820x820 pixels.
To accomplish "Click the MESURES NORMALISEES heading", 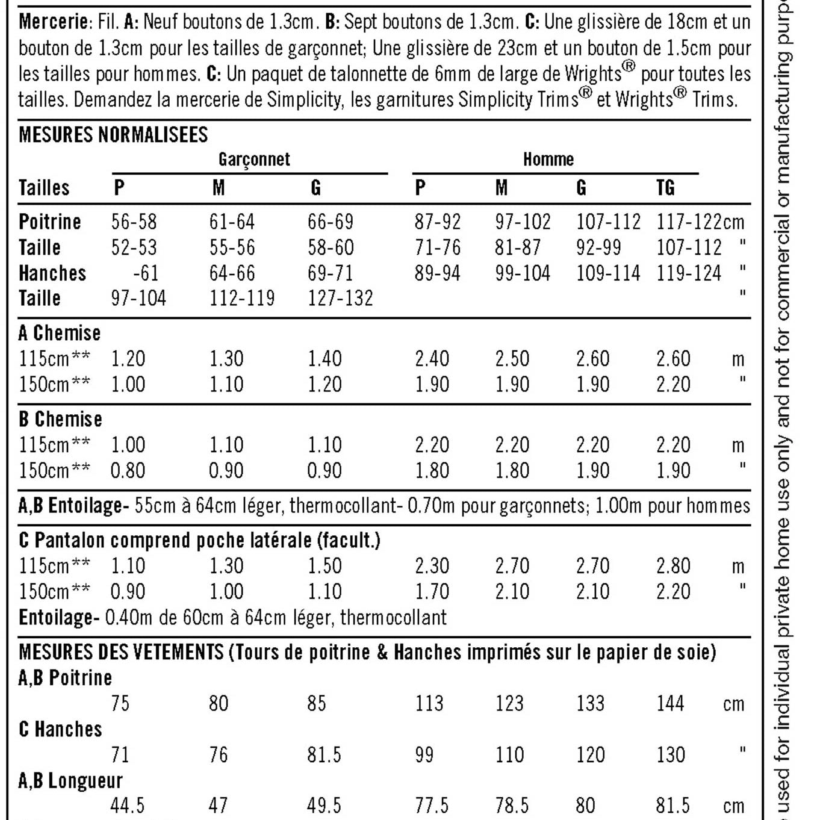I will [x=113, y=134].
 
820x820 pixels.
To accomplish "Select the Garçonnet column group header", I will [x=254, y=160].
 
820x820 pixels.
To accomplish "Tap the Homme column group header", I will [x=548, y=160].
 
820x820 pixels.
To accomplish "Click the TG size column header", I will [x=665, y=188].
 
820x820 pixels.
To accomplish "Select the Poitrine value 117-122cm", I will [x=700, y=222].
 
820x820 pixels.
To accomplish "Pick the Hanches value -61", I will [x=146, y=273].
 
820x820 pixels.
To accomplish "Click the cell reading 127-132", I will [x=340, y=299].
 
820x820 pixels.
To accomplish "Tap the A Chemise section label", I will [x=60, y=333].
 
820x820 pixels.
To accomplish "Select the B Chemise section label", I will [x=60, y=419].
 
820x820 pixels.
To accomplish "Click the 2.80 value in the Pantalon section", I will [x=673, y=566].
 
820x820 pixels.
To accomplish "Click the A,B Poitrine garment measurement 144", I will [x=670, y=703].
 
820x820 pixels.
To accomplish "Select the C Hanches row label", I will [x=60, y=729].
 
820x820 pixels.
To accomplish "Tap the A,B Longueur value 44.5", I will [x=128, y=806].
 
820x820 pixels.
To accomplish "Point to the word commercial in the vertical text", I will [x=783, y=261].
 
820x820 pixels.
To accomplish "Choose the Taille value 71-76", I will [x=438, y=247].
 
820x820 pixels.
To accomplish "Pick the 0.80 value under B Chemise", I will [x=128, y=471].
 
